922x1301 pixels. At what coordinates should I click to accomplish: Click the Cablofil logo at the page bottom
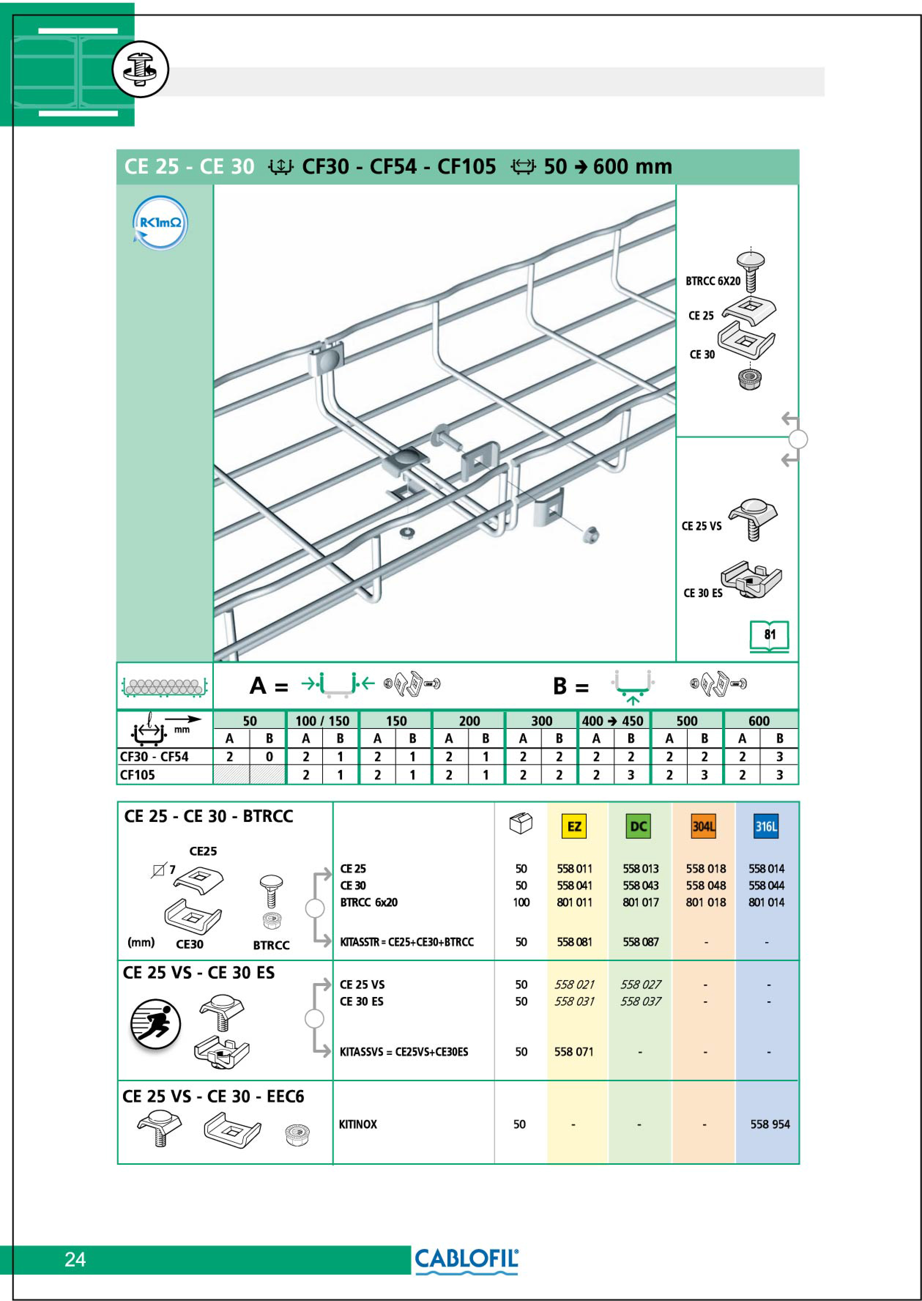466,1260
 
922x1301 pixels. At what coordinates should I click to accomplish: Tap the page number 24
75,1260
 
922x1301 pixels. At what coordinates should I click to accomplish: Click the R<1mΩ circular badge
160,223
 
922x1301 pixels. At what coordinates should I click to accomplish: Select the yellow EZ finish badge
574,826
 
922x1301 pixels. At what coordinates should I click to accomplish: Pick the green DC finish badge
639,826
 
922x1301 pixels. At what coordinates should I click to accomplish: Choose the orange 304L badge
703,826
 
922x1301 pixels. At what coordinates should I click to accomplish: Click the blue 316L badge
766,826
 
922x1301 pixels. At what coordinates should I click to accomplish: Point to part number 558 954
770,1124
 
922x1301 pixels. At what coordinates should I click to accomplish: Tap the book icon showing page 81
769,636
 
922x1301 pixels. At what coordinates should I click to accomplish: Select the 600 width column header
759,720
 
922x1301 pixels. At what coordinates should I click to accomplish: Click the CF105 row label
137,775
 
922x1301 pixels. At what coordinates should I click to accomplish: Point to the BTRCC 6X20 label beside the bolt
713,281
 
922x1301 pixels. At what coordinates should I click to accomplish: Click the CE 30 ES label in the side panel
703,593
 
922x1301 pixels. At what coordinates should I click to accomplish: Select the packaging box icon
521,823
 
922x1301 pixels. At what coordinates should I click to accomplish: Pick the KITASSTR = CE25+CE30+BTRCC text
406,942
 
